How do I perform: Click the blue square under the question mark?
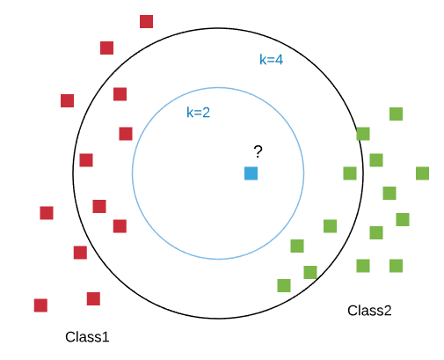[251, 173]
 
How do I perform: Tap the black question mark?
[258, 151]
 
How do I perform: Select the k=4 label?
[271, 59]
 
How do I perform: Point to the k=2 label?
[198, 112]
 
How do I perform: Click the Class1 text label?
[87, 337]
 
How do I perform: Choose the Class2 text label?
[369, 311]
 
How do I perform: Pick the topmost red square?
[146, 21]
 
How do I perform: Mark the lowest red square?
[40, 305]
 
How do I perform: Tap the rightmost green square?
[422, 173]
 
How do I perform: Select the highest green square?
[396, 114]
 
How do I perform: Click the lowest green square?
[284, 285]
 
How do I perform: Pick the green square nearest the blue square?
[330, 226]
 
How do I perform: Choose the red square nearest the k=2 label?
[126, 134]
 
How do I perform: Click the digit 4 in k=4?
[280, 60]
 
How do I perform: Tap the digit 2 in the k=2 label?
[207, 113]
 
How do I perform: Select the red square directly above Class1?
[93, 298]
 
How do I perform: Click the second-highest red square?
[106, 48]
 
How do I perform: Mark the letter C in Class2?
[352, 311]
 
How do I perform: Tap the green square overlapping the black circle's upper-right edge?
[363, 134]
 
